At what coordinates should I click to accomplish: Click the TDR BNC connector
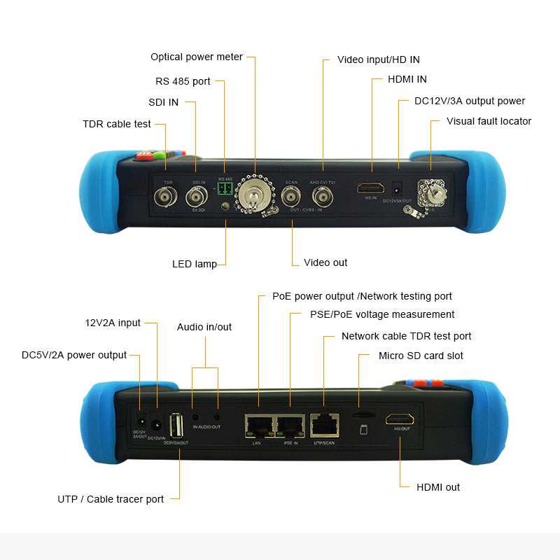[x=168, y=198]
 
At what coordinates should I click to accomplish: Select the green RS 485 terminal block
[x=225, y=189]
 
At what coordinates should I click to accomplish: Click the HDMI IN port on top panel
[x=371, y=188]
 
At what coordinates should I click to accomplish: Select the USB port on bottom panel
[x=177, y=424]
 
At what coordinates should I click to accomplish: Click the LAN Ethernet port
[x=258, y=423]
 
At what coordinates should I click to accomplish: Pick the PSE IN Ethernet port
[x=290, y=423]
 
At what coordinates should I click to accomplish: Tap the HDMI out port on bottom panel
[x=400, y=419]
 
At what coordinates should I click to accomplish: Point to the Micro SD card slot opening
[x=362, y=415]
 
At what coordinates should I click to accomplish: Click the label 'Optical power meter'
[x=197, y=57]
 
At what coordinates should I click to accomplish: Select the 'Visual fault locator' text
[x=489, y=121]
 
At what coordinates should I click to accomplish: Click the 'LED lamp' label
[x=195, y=264]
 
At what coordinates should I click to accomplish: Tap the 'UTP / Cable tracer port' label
[x=111, y=499]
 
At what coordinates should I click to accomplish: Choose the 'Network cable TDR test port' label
[x=406, y=336]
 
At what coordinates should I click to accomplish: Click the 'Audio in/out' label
[x=204, y=327]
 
